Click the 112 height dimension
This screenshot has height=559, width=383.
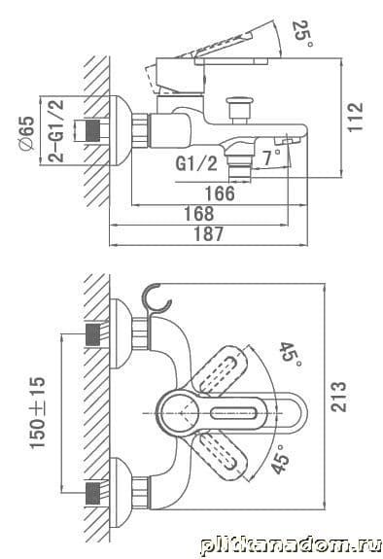click(x=356, y=118)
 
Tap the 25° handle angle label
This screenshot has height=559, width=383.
click(x=304, y=34)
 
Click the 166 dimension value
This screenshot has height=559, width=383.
click(x=220, y=193)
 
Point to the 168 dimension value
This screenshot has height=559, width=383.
click(x=199, y=214)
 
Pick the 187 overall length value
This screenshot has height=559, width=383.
click(x=209, y=234)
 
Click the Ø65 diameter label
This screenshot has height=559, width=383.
click(x=27, y=133)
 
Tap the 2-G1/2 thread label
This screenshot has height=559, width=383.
click(x=56, y=131)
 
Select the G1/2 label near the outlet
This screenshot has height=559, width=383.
click(x=196, y=164)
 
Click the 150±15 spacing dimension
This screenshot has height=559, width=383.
click(x=38, y=412)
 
